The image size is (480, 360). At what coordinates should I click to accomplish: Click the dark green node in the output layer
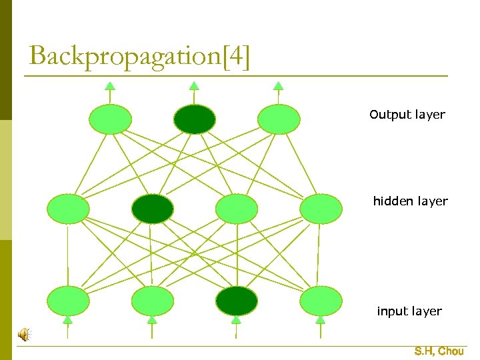pyautogui.click(x=195, y=119)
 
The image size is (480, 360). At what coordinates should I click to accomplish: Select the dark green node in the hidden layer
pyautogui.click(x=152, y=209)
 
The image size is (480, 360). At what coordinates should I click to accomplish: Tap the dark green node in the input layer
pyautogui.click(x=236, y=301)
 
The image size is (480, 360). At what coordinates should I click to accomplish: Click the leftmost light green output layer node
pyautogui.click(x=110, y=119)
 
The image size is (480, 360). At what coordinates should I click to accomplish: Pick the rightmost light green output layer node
pyautogui.click(x=279, y=119)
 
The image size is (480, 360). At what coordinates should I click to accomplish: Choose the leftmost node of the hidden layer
pyautogui.click(x=68, y=209)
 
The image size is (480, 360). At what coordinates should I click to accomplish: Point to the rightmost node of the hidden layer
pyautogui.click(x=321, y=209)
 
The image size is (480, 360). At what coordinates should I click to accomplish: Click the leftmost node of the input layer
pyautogui.click(x=68, y=301)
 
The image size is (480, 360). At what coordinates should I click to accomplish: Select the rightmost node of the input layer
pyautogui.click(x=321, y=301)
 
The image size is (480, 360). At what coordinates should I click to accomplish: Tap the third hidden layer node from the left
pyautogui.click(x=237, y=209)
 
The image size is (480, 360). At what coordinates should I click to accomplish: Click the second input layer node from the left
pyautogui.click(x=152, y=301)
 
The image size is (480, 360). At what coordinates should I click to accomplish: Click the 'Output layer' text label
pyautogui.click(x=407, y=115)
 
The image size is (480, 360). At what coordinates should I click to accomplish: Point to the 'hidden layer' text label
pyautogui.click(x=410, y=201)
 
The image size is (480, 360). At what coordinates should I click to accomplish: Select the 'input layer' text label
pyautogui.click(x=409, y=311)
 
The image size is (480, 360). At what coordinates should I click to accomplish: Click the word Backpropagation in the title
pyautogui.click(x=120, y=56)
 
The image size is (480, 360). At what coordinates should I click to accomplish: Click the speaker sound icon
pyautogui.click(x=23, y=335)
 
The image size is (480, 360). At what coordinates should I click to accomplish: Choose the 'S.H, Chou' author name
pyautogui.click(x=439, y=351)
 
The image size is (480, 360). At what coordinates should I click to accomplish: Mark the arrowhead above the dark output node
pyautogui.click(x=194, y=85)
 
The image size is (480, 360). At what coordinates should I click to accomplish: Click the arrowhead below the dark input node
pyautogui.click(x=236, y=320)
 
